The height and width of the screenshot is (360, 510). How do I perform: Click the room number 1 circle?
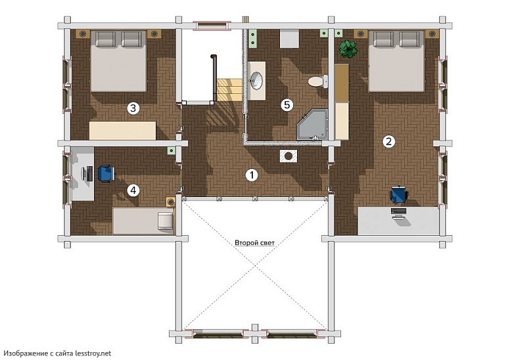[251, 175]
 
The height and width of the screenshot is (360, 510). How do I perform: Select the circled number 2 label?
[388, 141]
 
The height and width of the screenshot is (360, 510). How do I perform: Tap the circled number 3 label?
[133, 108]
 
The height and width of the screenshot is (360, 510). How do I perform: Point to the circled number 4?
[133, 191]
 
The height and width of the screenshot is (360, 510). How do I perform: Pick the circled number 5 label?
[287, 104]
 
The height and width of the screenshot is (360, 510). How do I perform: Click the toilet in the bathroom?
[318, 81]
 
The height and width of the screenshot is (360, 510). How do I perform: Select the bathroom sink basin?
[256, 80]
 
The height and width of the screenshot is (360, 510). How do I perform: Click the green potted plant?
[348, 49]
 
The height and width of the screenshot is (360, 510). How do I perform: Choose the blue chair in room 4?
[106, 173]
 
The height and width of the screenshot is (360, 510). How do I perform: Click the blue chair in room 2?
[399, 194]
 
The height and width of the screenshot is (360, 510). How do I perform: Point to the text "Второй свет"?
[255, 243]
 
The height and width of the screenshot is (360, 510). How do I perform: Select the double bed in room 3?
[118, 61]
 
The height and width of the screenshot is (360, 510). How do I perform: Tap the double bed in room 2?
[396, 61]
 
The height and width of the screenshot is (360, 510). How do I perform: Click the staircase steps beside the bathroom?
[229, 89]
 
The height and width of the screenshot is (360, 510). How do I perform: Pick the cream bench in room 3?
[122, 131]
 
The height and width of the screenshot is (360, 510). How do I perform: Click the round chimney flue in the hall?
[288, 156]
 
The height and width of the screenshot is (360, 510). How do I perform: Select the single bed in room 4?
[143, 221]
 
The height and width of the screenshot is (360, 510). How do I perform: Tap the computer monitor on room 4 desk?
[89, 173]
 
